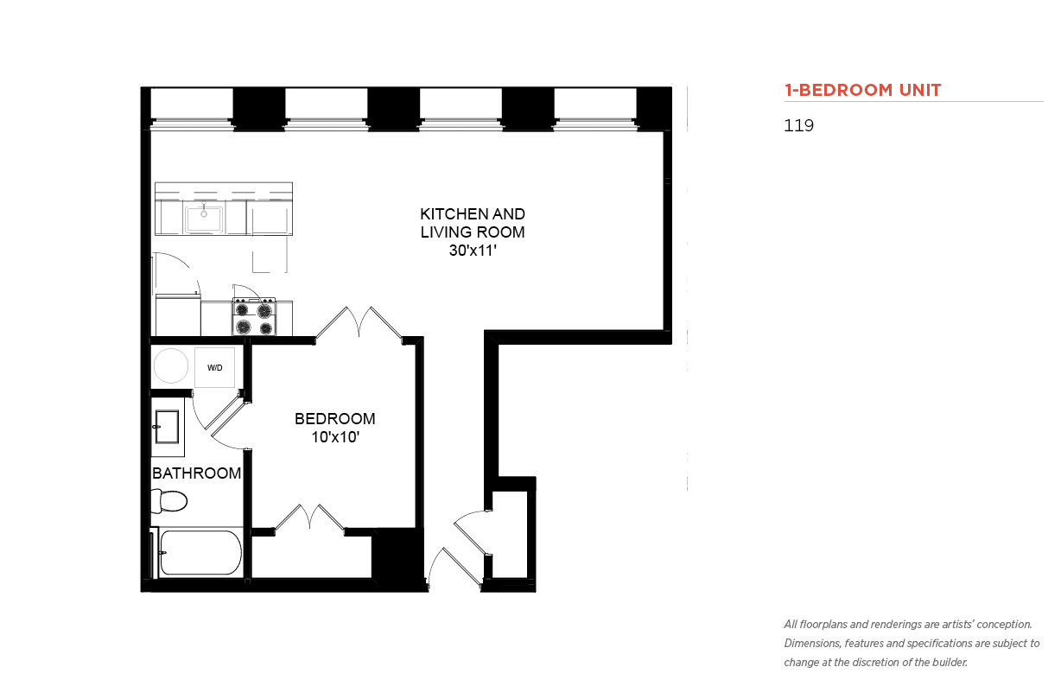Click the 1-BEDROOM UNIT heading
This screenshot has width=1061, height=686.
[x=862, y=90]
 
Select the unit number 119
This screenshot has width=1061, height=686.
[x=798, y=125]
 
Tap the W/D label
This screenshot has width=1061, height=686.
[x=214, y=368]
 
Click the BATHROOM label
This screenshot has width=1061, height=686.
[x=197, y=473]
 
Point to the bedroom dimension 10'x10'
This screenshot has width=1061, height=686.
[x=335, y=437]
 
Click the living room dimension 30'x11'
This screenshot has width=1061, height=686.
[x=473, y=251]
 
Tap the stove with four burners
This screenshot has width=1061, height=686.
[x=254, y=316]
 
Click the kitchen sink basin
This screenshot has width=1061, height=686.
[x=204, y=219]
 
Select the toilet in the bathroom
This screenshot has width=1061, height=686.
[x=169, y=501]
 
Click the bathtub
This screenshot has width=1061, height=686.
[x=200, y=552]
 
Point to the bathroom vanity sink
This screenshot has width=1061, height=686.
[x=167, y=427]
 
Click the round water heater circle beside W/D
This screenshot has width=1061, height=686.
[x=171, y=365]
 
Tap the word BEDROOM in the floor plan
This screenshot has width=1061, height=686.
[x=335, y=419]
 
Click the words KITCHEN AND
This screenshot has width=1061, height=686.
[x=473, y=214]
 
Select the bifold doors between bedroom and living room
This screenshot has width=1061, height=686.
[x=359, y=323]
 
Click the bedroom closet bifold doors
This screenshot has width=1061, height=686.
[x=310, y=518]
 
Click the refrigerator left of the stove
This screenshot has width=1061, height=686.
[x=178, y=315]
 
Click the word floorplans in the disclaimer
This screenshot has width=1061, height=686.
[x=823, y=625]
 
